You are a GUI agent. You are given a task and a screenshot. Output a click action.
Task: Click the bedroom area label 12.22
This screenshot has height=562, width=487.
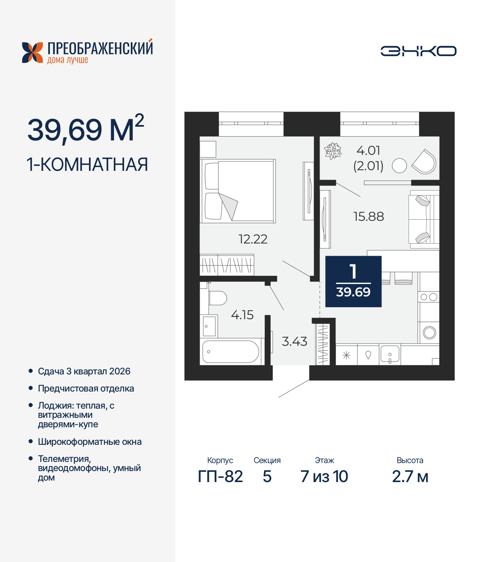(253, 239)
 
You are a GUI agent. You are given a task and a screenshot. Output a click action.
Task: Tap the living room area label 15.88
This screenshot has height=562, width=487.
(369, 217)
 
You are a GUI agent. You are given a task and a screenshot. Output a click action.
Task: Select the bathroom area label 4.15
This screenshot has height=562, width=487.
(242, 315)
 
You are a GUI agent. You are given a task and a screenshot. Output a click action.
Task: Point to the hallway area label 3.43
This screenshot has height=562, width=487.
(294, 341)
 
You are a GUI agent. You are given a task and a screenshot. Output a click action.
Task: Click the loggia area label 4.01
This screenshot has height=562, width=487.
(368, 151)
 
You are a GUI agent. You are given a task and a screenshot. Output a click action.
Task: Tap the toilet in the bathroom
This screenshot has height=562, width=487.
(218, 298)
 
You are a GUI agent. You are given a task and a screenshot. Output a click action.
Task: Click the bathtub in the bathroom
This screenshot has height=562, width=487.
(231, 352)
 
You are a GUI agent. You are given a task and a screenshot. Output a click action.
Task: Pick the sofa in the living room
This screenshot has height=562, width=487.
(424, 219)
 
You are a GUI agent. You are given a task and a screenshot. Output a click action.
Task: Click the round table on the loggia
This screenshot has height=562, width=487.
(399, 166)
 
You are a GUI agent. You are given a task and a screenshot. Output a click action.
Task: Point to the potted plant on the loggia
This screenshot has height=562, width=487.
(333, 151)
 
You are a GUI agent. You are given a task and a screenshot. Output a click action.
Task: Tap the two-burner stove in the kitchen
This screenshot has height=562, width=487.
(429, 297)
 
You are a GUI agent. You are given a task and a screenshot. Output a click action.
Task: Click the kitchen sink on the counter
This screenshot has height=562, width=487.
(390, 355)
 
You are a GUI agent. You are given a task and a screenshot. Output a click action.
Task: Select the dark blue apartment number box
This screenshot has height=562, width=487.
(353, 282)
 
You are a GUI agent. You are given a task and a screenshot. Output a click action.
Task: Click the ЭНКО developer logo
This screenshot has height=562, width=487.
(419, 51)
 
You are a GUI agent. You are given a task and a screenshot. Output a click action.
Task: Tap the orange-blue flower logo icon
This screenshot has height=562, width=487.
(32, 53)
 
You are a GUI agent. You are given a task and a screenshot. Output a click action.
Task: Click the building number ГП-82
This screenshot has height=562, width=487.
(220, 476)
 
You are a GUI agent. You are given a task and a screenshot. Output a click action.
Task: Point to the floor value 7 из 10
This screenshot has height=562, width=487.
(324, 476)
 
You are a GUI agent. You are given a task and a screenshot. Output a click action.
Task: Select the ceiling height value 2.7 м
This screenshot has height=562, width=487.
(410, 476)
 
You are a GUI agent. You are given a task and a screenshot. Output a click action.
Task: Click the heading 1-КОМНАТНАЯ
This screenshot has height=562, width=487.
(87, 165)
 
